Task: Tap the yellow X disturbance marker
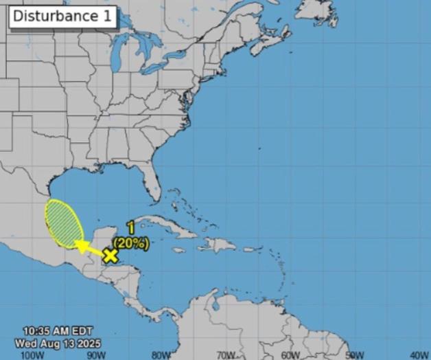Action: (x=110, y=256)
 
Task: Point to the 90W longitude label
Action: (x=95, y=355)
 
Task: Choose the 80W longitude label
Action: (x=161, y=355)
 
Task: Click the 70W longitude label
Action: (x=226, y=355)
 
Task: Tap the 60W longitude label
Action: (x=290, y=355)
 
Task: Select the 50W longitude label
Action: (x=355, y=355)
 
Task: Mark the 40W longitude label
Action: (x=419, y=355)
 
